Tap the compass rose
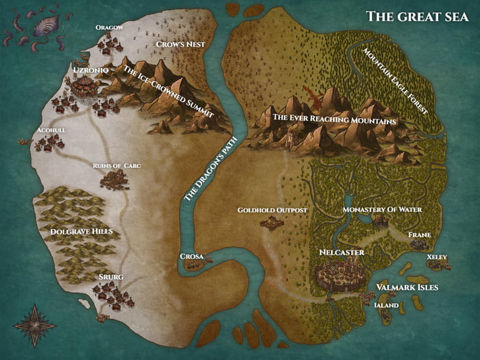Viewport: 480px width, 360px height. pyautogui.click(x=34, y=324)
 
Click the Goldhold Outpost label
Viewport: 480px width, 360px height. pyautogui.click(x=272, y=209)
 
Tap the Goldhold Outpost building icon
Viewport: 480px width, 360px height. pyautogui.click(x=272, y=223)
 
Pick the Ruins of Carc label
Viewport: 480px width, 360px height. pyautogui.click(x=117, y=165)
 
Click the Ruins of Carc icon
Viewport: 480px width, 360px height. pyautogui.click(x=114, y=180)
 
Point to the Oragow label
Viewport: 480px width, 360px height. pyautogui.click(x=109, y=27)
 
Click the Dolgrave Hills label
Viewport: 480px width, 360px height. pyautogui.click(x=82, y=232)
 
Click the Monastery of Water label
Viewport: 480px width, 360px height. pyautogui.click(x=382, y=209)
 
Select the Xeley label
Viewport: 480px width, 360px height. pyautogui.click(x=437, y=257)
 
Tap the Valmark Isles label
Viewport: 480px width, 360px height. pyautogui.click(x=407, y=287)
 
